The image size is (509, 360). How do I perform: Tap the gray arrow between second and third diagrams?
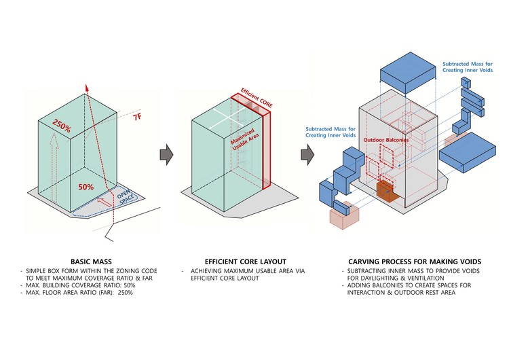307,154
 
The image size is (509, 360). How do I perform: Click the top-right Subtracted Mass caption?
469,67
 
